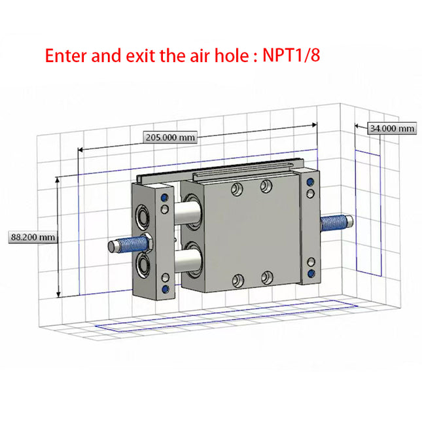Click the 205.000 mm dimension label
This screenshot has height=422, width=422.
click(x=170, y=137)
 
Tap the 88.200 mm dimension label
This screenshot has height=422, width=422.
click(x=33, y=237)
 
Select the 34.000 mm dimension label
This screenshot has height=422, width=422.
click(x=392, y=128)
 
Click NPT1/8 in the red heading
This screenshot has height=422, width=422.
click(x=291, y=55)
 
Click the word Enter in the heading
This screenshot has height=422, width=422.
click(x=66, y=56)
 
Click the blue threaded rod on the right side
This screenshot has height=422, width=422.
click(x=334, y=223)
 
